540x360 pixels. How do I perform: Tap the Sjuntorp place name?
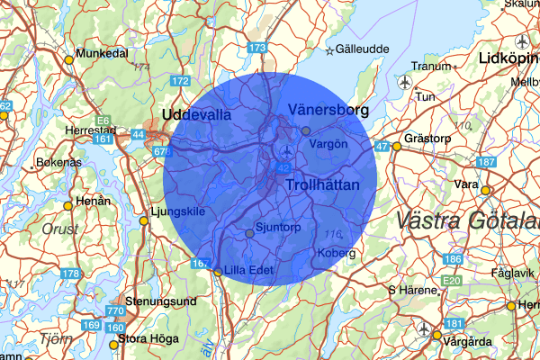(280, 229)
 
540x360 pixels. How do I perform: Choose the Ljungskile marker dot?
(143, 220)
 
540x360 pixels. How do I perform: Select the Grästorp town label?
(427, 139)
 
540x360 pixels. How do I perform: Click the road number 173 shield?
(258, 47)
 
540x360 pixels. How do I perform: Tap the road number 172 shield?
(180, 82)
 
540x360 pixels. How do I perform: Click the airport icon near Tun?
(403, 82)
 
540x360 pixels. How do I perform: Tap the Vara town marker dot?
(485, 190)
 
